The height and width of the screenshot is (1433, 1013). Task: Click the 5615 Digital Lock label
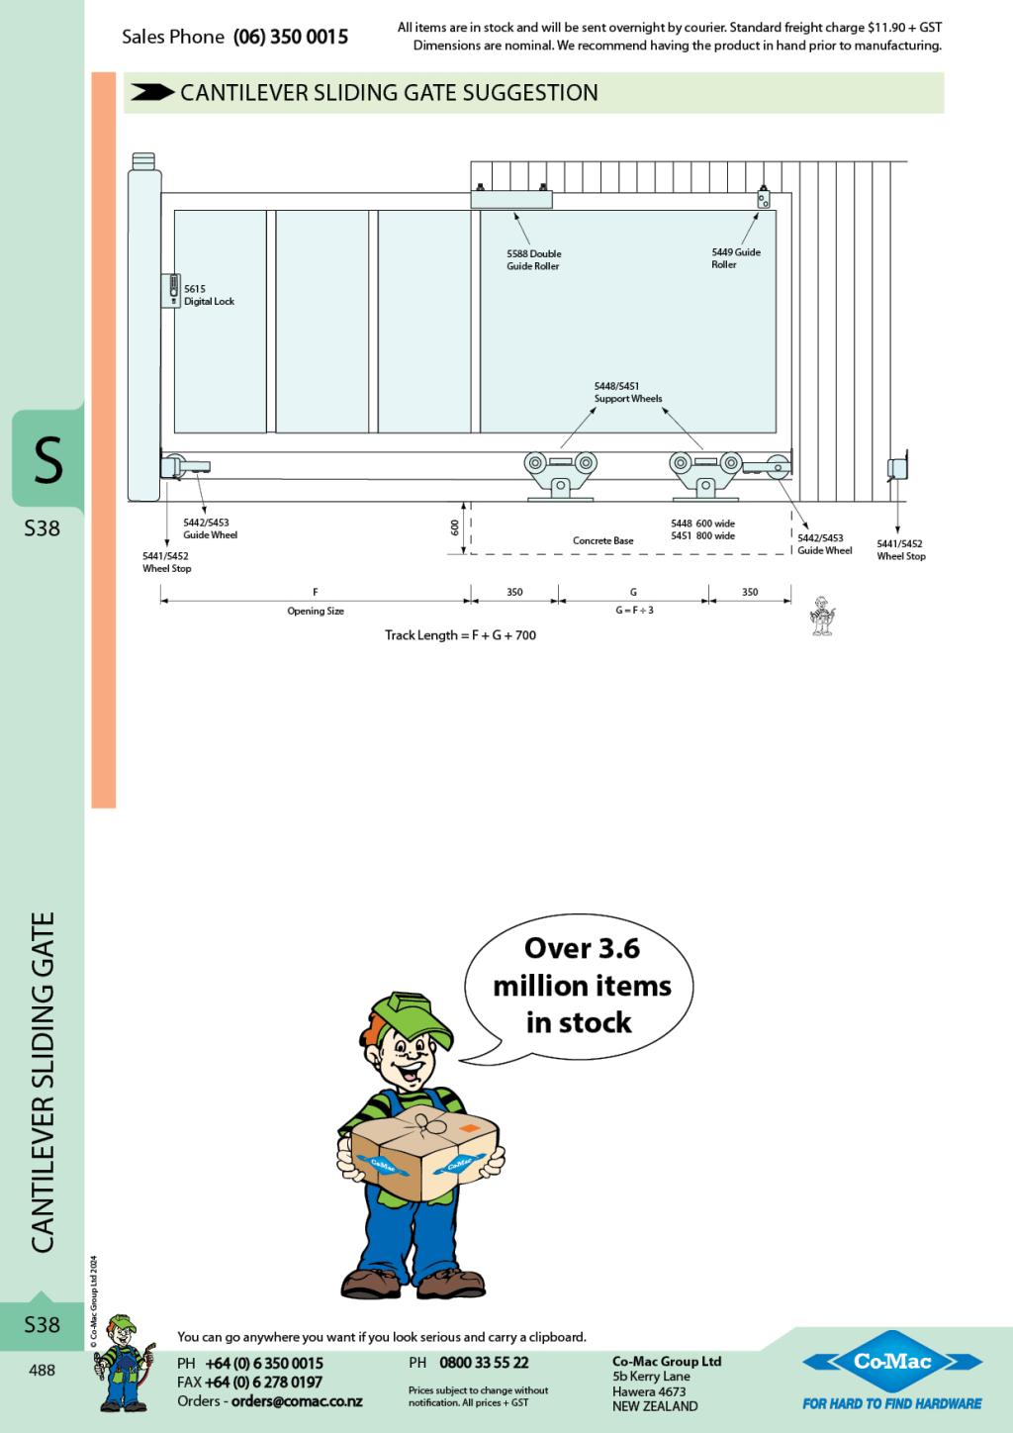pos(209,295)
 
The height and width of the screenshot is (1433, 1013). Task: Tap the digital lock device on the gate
pos(171,290)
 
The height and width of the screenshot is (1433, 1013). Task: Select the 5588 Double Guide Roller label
pos(533,260)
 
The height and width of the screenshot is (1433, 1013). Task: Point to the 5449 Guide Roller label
pos(735,258)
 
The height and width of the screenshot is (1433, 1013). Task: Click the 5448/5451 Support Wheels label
pos(627,393)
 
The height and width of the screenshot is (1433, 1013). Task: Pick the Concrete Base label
pos(602,541)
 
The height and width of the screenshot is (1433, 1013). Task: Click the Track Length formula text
pos(460,635)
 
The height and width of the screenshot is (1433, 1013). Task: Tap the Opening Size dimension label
pos(316,612)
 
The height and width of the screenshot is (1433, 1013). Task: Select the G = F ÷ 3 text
pos(633,611)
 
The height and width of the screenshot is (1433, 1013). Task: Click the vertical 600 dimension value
pos(455,528)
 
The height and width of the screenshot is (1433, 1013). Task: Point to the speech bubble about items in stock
pos(582,986)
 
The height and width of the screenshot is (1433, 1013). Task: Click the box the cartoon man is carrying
pos(423,1149)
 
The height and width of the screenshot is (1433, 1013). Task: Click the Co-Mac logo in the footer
pos(892,1363)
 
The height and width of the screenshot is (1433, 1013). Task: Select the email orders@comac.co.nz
pos(297,1401)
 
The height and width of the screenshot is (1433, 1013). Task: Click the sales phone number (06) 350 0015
pos(291,37)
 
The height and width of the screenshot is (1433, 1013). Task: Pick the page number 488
pos(42,1370)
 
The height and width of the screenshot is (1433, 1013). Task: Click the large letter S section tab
pos(46,461)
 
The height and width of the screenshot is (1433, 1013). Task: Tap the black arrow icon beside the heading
pos(151,92)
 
